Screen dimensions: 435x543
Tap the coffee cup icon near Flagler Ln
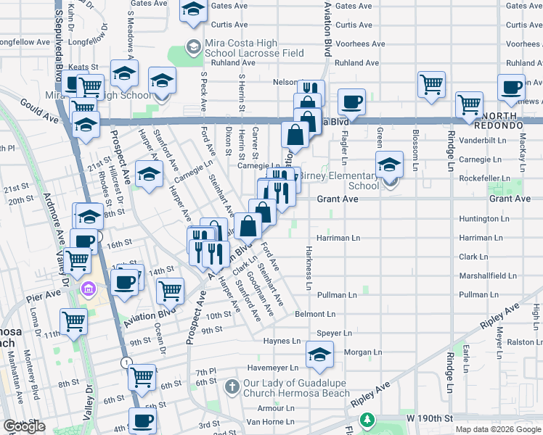tap(352, 102)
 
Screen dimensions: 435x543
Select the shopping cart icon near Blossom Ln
tap(431, 84)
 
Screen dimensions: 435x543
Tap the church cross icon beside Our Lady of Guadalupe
tap(232, 384)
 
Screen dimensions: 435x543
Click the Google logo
tap(24, 426)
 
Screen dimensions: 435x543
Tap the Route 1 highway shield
tap(127, 362)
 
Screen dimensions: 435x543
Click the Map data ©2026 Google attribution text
tap(498, 429)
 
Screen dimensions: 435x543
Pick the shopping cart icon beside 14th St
tap(171, 291)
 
